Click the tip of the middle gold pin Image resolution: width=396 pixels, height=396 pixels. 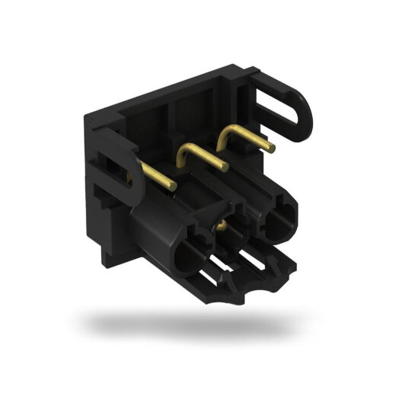[225, 168]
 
